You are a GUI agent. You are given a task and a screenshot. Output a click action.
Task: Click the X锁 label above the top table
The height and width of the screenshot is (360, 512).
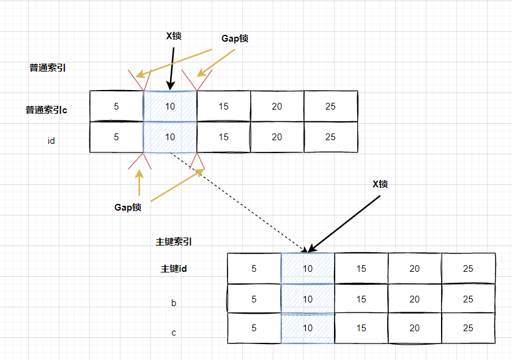click(x=174, y=36)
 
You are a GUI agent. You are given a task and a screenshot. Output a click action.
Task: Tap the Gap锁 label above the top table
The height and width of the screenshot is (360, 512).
click(x=235, y=38)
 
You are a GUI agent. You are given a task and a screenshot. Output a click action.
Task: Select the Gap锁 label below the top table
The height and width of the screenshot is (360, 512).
click(x=128, y=207)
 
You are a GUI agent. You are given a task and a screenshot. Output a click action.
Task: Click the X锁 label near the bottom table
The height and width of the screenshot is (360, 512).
click(x=380, y=184)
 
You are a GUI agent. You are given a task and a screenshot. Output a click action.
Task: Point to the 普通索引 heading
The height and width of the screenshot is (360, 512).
click(x=47, y=68)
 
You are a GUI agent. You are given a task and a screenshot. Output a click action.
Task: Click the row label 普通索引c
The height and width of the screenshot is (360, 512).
click(x=46, y=110)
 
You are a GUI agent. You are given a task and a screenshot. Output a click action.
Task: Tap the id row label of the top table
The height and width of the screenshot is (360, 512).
click(x=51, y=141)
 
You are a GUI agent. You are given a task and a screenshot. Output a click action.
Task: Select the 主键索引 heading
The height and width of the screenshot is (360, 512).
click(x=174, y=242)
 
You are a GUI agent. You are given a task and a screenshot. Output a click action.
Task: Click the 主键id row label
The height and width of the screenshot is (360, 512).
click(x=174, y=269)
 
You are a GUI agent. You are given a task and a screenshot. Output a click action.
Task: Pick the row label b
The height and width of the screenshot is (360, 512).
click(x=174, y=302)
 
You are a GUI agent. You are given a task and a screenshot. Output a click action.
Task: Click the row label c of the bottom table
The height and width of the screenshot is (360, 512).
click(x=174, y=332)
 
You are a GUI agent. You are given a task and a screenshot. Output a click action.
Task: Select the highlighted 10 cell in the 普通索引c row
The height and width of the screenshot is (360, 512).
click(x=170, y=107)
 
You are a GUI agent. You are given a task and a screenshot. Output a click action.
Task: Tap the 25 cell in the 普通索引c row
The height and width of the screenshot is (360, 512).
click(x=330, y=107)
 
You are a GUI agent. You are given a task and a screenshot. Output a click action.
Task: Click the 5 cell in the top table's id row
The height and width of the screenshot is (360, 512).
click(x=116, y=137)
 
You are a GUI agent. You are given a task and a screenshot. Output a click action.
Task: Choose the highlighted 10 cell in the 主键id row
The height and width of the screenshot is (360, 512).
click(x=308, y=269)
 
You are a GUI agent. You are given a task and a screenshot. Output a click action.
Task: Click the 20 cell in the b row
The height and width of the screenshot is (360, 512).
click(x=415, y=299)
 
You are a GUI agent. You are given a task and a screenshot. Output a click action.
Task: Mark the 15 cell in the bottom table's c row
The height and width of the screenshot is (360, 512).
click(x=361, y=328)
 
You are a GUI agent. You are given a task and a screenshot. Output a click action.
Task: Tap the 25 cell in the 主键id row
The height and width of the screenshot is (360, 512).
click(x=468, y=269)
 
